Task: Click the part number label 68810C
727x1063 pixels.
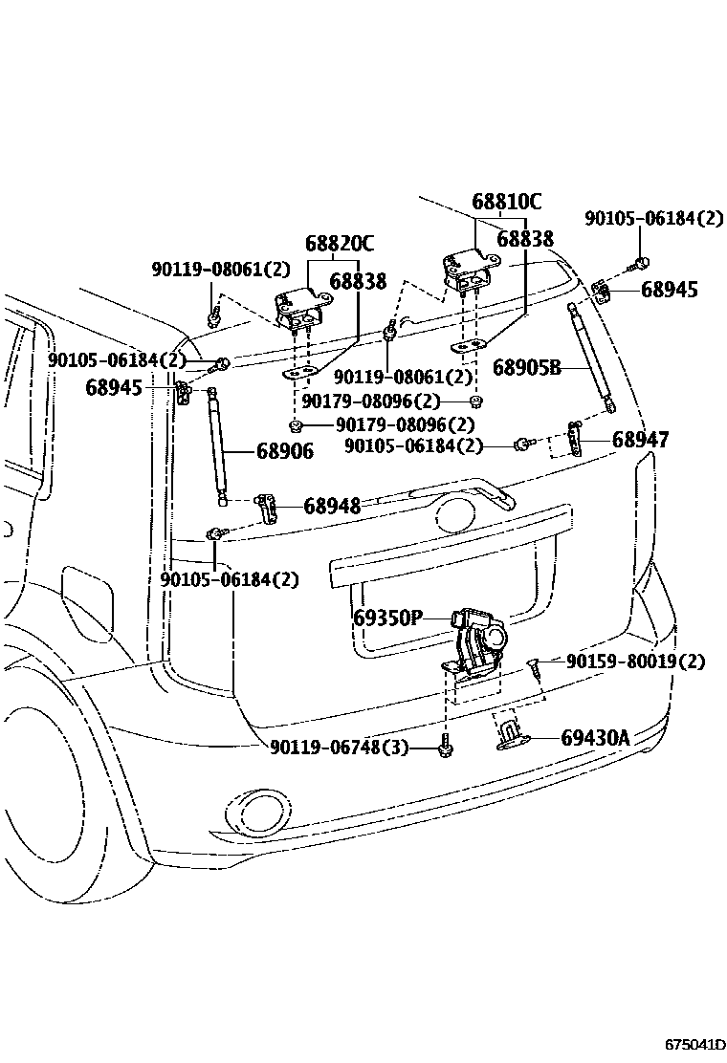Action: coord(507,202)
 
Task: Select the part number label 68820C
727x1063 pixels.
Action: coord(339,244)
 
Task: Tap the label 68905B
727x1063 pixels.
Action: coord(526,367)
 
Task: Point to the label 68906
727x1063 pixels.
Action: coord(285,451)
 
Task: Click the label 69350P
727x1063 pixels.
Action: coord(387,618)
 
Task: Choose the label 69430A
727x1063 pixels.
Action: coord(595,738)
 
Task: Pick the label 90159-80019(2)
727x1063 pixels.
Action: coord(635,661)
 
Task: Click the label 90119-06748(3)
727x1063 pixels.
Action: coord(339,748)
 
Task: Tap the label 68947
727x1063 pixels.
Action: coord(640,440)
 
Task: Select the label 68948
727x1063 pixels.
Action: coord(332,506)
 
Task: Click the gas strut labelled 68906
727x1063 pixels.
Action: coord(217,446)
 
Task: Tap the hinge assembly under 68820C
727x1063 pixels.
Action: coord(300,309)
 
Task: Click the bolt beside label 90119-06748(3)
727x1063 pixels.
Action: coord(445,746)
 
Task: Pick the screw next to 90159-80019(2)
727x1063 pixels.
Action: coord(534,666)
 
